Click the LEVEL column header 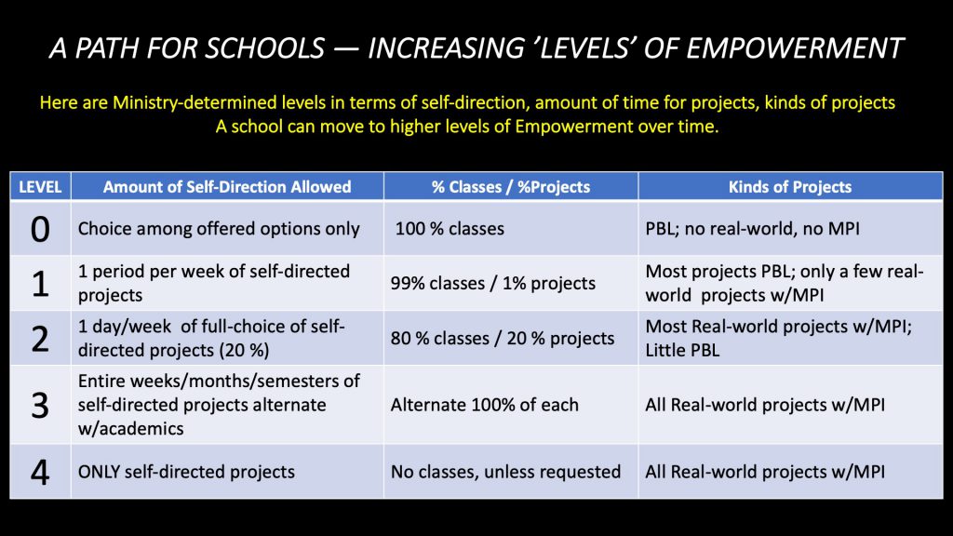(40, 187)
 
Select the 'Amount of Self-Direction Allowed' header (227, 187)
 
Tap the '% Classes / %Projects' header (511, 187)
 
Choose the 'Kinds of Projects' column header (790, 187)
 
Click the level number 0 (40, 228)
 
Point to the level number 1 (40, 284)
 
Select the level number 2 (40, 338)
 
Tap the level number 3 (40, 405)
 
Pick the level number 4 (40, 472)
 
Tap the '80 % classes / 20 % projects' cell (503, 339)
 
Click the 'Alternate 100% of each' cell (484, 405)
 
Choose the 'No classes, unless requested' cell (505, 472)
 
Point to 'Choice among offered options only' (219, 228)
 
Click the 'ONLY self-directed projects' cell (186, 472)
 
